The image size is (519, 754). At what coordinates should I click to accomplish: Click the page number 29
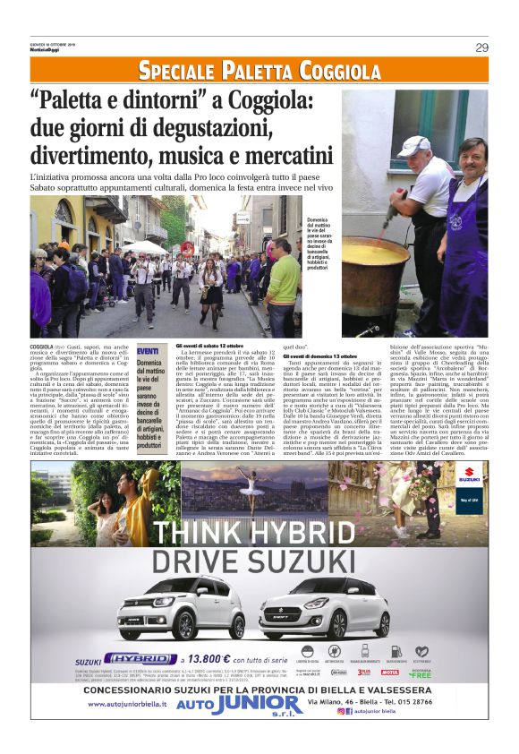[x=481, y=47]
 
